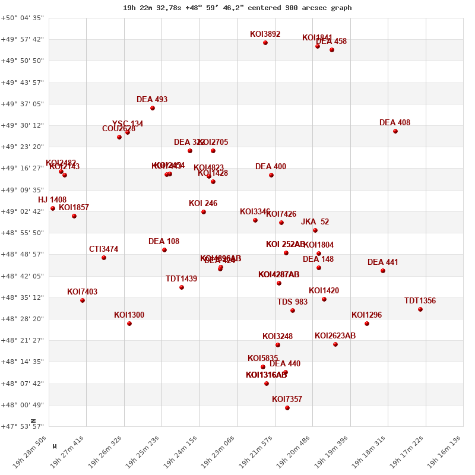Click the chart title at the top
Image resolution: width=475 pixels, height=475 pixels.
(x=237, y=8)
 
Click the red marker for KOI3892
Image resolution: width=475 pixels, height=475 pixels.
(x=265, y=43)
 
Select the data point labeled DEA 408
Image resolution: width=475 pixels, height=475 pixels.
(x=395, y=131)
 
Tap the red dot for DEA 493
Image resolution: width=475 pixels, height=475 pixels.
(x=153, y=108)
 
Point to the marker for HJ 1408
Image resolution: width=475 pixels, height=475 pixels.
(x=53, y=208)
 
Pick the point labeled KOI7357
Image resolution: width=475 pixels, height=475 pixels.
(x=287, y=408)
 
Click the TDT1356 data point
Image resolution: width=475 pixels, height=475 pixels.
(x=420, y=309)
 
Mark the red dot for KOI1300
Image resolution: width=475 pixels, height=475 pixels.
(x=129, y=324)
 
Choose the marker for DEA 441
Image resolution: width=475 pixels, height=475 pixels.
(x=383, y=271)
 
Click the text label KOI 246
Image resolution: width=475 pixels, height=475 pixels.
(x=203, y=204)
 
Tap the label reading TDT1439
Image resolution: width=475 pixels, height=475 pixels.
(x=182, y=279)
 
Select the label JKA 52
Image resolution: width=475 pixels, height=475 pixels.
(x=315, y=222)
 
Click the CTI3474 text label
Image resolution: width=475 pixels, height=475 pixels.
(x=104, y=249)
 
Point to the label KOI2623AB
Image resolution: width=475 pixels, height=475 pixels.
(x=335, y=336)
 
